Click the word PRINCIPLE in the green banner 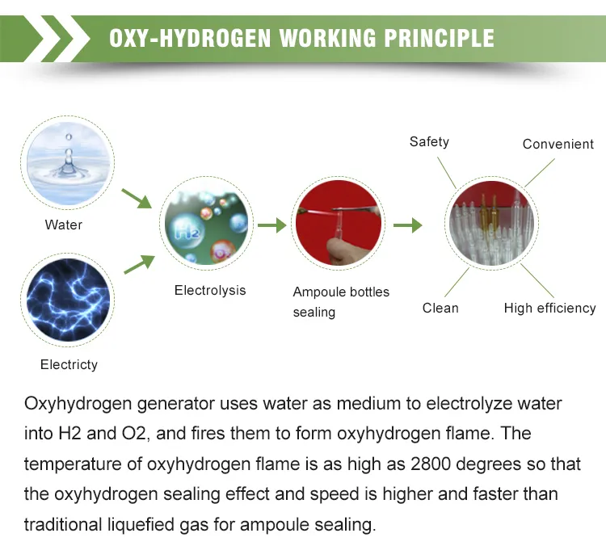pos(439,38)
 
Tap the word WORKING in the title pos(327,38)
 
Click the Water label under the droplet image pos(63,225)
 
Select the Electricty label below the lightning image pos(69,364)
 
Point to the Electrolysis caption pos(210,291)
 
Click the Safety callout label pos(429,142)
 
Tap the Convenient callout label pos(558,144)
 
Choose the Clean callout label pos(440,309)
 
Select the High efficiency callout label pos(550,309)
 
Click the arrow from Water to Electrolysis pos(137,199)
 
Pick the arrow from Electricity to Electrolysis pos(139,264)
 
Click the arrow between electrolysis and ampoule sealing pos(272,225)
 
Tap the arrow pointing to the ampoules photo pos(408,225)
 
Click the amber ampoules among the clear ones pos(488,214)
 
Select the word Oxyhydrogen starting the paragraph pos(78,404)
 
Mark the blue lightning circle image pos(68,300)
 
